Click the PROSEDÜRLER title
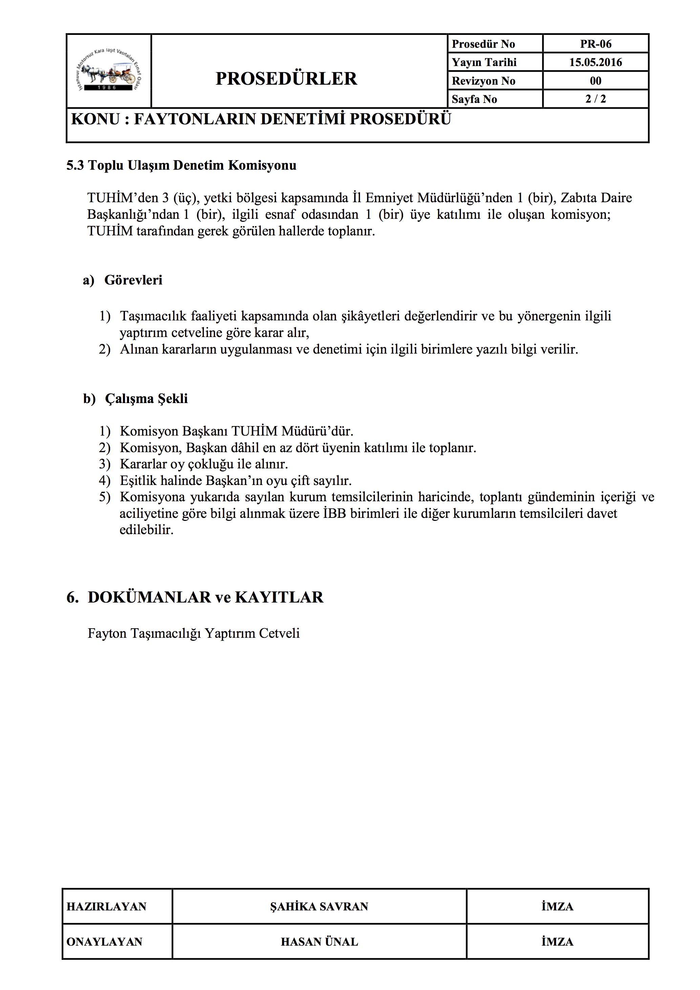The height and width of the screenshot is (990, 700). pyautogui.click(x=286, y=79)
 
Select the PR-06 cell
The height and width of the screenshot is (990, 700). pyautogui.click(x=595, y=44)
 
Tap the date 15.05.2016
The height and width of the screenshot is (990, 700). pyautogui.click(x=595, y=63)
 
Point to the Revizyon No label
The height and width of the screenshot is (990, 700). pyautogui.click(x=483, y=81)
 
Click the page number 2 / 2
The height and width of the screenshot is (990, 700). pyautogui.click(x=595, y=99)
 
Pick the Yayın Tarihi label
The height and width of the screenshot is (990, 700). pyautogui.click(x=484, y=63)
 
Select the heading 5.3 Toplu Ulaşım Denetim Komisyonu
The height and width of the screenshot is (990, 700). pyautogui.click(x=181, y=166)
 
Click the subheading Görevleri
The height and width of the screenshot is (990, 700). pyautogui.click(x=133, y=280)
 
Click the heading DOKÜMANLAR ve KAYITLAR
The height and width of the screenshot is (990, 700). pyautogui.click(x=205, y=597)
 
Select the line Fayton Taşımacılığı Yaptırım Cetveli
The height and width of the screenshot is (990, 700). pyautogui.click(x=193, y=633)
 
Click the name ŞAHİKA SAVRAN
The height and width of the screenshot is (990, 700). pyautogui.click(x=319, y=907)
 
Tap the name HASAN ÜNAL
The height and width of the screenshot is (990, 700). pyautogui.click(x=319, y=942)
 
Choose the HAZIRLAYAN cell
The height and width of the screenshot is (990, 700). pyautogui.click(x=106, y=907)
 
